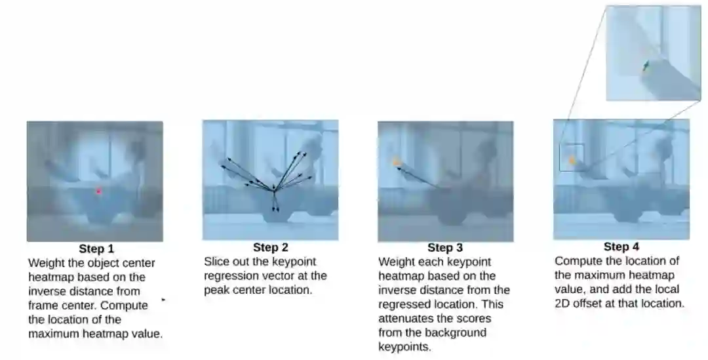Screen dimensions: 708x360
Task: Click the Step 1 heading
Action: coord(96,249)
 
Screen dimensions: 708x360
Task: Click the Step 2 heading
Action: coord(271,247)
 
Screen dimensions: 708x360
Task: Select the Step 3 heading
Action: coord(445,247)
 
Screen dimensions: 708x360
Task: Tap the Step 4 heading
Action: coord(621,247)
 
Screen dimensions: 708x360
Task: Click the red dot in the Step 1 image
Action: coord(98,191)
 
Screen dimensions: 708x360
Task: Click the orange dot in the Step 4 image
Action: coord(572,161)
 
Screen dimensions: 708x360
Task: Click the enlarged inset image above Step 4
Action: coord(653,53)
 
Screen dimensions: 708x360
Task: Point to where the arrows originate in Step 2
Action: coord(273,191)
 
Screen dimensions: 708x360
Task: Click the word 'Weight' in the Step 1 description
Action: coord(47,264)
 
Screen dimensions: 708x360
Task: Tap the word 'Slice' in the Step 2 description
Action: coord(216,262)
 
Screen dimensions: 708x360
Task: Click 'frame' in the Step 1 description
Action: coord(43,306)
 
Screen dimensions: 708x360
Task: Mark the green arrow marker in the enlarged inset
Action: coord(645,66)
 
